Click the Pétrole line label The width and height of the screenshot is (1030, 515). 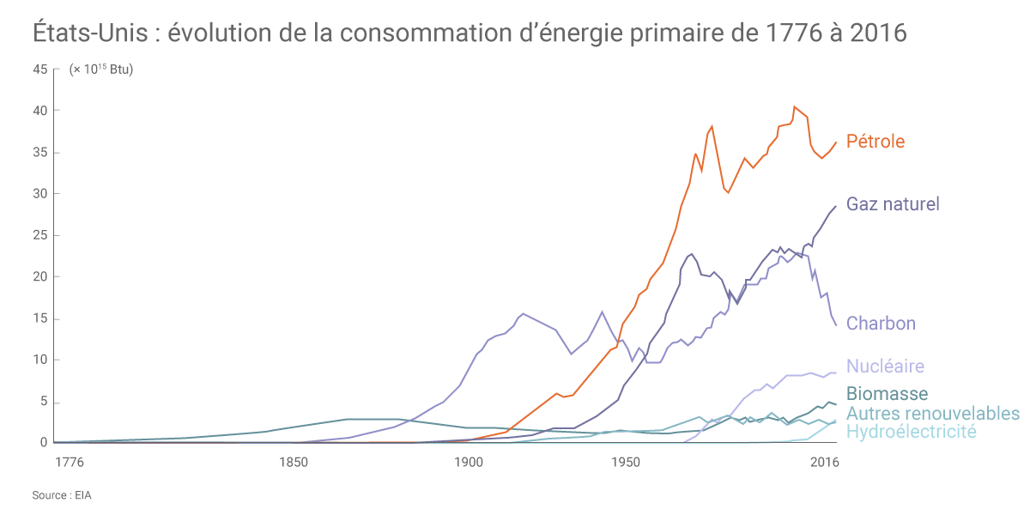(x=875, y=142)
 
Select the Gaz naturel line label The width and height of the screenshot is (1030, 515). (x=893, y=204)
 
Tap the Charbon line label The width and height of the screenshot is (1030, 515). (x=881, y=324)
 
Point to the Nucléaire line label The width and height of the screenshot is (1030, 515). (x=885, y=367)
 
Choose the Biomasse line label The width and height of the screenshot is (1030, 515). (x=887, y=394)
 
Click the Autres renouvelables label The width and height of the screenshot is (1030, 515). (x=933, y=414)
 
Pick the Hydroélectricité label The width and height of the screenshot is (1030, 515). (x=911, y=432)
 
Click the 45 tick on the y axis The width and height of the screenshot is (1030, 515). (x=39, y=70)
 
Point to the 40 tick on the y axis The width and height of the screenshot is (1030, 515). (x=39, y=111)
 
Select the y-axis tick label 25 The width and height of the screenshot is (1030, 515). (x=39, y=235)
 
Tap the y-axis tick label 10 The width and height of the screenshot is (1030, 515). (x=39, y=360)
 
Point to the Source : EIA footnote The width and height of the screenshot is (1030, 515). (x=61, y=496)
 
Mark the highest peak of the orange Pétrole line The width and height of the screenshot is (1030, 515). (x=795, y=106)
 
